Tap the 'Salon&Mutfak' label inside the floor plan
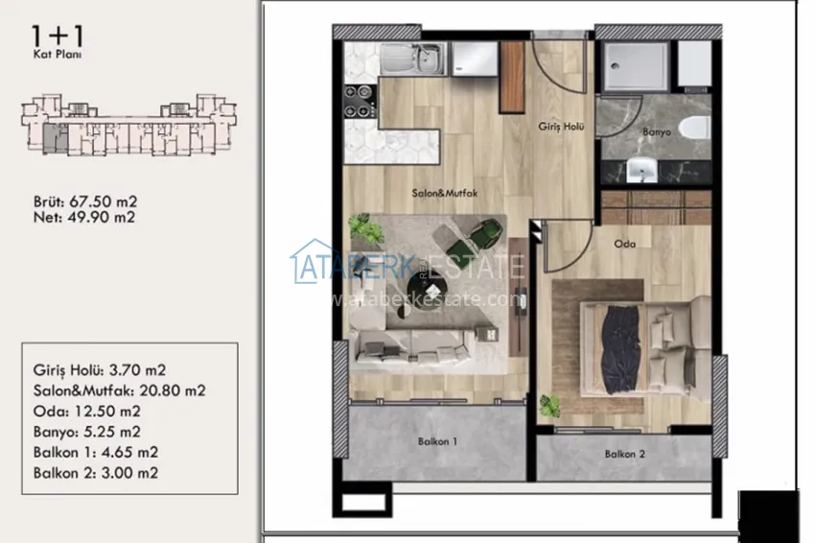tap(445, 192)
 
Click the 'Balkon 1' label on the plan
tap(436, 442)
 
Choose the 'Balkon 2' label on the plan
tap(623, 456)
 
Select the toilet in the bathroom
tap(696, 127)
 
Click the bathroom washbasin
tap(640, 170)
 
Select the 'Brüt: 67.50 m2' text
tap(84, 201)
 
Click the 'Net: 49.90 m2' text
tap(83, 217)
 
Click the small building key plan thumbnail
tap(130, 123)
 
